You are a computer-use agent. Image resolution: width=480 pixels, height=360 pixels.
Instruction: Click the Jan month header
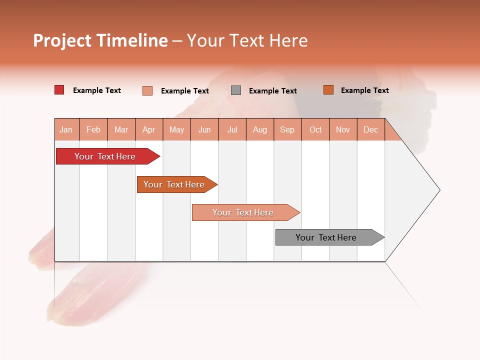[x=66, y=129]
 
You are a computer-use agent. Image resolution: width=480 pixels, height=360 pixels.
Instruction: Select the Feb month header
[x=93, y=129]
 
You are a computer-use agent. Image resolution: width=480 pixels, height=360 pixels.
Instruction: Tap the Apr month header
[x=148, y=129]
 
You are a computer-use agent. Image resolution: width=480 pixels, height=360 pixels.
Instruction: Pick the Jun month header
[x=204, y=129]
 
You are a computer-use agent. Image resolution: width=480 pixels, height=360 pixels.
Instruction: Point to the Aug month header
[x=260, y=129]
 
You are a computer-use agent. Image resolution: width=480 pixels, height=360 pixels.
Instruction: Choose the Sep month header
[x=287, y=129]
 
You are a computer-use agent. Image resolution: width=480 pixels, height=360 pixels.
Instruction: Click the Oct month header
[x=315, y=129]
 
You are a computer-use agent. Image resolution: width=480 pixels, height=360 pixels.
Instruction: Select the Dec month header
[x=370, y=129]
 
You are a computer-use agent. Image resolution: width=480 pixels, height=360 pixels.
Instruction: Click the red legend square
[x=59, y=90]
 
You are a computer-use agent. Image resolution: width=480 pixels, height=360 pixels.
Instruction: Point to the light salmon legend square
[x=147, y=90]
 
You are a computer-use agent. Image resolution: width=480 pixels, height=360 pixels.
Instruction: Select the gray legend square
[x=236, y=90]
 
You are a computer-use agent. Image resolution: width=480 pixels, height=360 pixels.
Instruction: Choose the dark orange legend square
[x=328, y=90]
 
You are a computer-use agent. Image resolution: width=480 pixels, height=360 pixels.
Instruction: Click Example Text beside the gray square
[x=272, y=91]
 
